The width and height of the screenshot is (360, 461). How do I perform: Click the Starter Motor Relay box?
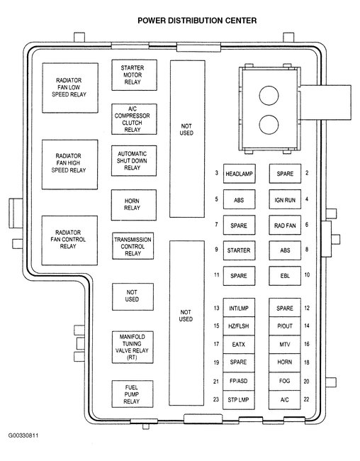(x=135, y=75)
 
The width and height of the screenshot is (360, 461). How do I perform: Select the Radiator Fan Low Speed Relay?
(x=70, y=88)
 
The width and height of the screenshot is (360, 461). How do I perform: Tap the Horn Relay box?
(x=134, y=205)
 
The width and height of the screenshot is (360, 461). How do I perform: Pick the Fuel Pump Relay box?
(x=133, y=394)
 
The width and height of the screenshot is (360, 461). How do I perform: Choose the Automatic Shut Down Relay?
(x=134, y=161)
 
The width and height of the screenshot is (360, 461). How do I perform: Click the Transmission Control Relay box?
(x=133, y=246)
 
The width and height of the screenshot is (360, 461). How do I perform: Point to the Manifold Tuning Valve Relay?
(x=133, y=348)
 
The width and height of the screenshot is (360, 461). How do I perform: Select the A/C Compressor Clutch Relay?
(x=134, y=119)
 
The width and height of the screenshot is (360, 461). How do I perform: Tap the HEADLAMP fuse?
(x=240, y=174)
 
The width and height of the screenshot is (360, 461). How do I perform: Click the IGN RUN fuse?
(x=285, y=199)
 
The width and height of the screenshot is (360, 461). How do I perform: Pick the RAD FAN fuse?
(x=285, y=226)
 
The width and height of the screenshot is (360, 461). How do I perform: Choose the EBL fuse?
(x=285, y=276)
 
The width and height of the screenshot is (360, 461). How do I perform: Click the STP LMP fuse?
(x=239, y=400)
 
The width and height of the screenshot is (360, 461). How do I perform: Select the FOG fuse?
(x=285, y=382)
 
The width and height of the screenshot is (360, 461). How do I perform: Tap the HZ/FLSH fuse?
(x=239, y=326)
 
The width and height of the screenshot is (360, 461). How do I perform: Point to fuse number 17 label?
(x=216, y=344)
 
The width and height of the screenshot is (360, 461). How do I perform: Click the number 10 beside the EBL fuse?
(x=307, y=274)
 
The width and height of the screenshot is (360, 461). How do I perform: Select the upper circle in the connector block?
(x=269, y=96)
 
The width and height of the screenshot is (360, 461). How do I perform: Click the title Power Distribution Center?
(x=197, y=21)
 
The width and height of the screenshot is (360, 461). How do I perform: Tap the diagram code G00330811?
(x=23, y=435)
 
